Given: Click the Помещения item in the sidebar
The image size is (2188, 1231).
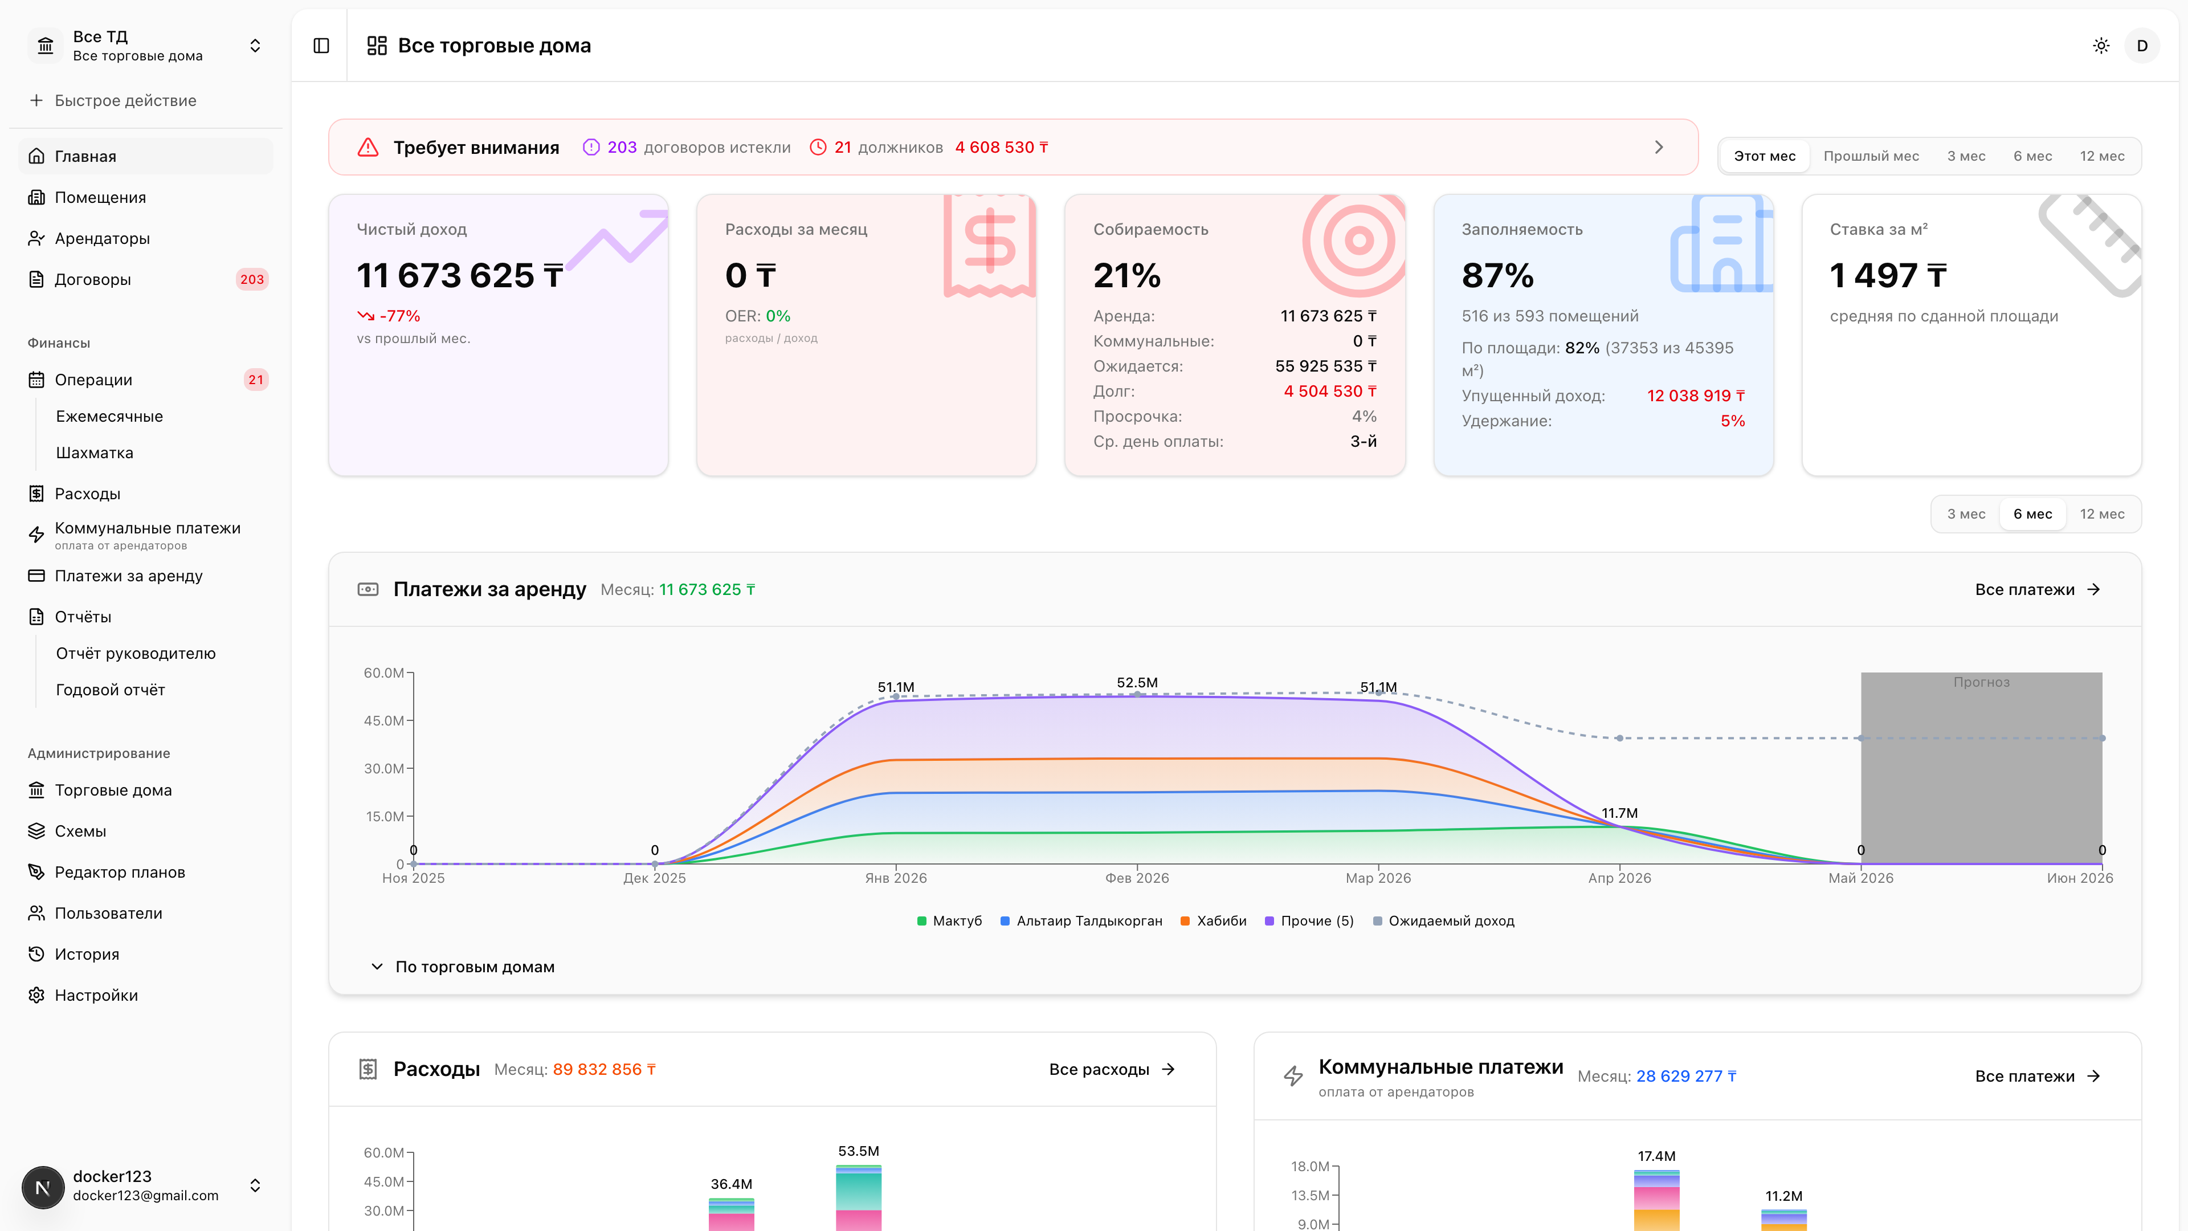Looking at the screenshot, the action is click(x=100, y=197).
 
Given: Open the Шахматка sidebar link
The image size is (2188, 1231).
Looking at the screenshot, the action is click(x=94, y=453).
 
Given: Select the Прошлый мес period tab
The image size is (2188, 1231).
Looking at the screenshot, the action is click(x=1871, y=156).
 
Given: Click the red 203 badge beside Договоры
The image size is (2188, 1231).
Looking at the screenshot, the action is click(x=251, y=279).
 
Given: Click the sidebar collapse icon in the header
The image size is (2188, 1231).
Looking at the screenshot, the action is click(x=321, y=46).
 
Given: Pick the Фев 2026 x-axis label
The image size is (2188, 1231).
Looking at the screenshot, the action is click(x=1137, y=878).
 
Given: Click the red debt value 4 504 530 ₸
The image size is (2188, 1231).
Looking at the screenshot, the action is click(x=1330, y=392).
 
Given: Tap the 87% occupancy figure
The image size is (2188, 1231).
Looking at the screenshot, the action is click(x=1497, y=275).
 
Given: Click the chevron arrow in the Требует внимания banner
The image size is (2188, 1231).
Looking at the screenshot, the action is click(x=1659, y=147).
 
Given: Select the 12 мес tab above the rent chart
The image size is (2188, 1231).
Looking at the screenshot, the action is click(x=2101, y=514).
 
